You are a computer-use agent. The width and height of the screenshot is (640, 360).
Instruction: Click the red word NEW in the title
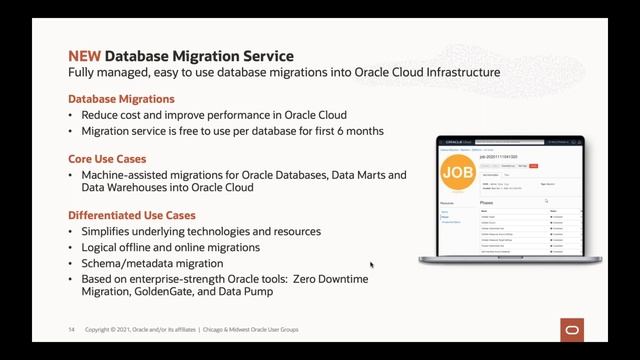84,56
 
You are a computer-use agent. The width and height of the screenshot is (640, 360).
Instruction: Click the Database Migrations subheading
121,99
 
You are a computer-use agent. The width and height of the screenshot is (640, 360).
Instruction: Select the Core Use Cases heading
107,159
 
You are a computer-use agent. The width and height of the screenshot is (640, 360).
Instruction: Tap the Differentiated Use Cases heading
131,215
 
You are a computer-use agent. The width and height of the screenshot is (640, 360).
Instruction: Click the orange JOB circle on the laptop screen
459,172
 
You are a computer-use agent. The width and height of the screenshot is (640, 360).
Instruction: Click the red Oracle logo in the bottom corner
573,330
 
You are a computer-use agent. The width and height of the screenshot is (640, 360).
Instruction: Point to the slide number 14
71,330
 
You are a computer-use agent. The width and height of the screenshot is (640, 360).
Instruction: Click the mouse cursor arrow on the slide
371,265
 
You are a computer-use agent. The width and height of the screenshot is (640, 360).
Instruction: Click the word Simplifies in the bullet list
107,231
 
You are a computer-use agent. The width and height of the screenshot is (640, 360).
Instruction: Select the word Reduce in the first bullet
102,115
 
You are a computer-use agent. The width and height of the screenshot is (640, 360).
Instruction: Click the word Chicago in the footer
219,330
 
